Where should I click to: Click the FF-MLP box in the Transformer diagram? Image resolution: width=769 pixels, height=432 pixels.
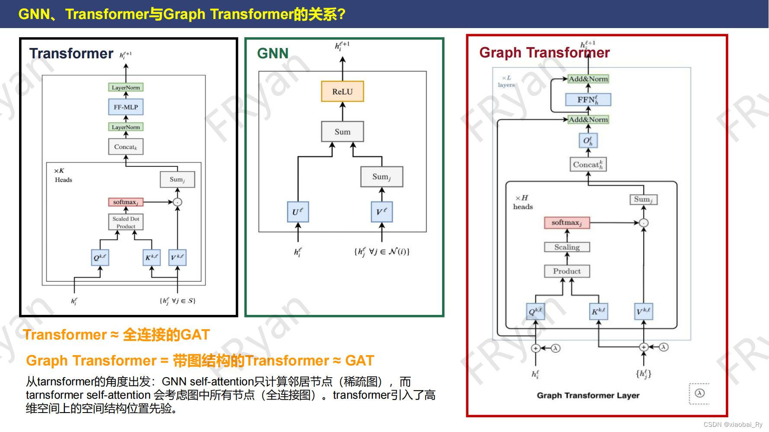(126, 107)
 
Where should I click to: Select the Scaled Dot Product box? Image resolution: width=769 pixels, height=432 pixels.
(126, 222)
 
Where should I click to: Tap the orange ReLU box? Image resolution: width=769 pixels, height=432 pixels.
(343, 92)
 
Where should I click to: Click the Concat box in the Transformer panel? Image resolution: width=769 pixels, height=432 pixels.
(126, 147)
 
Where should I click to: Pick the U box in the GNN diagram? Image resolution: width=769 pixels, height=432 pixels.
(298, 212)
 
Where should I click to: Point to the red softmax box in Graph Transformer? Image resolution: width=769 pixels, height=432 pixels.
(567, 222)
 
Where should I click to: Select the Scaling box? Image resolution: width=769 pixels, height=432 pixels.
(567, 247)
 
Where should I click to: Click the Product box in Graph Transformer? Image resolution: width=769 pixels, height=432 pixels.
(567, 271)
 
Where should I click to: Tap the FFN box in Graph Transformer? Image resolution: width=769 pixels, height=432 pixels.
(588, 100)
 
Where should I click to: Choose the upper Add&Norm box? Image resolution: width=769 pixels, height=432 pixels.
(588, 79)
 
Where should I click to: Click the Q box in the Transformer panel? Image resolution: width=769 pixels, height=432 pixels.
(100, 258)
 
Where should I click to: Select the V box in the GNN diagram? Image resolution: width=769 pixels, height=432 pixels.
(381, 212)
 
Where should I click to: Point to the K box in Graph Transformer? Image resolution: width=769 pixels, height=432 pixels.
(599, 311)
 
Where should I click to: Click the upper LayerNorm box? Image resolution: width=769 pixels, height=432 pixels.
(126, 87)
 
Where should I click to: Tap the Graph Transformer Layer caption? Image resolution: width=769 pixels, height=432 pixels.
(588, 395)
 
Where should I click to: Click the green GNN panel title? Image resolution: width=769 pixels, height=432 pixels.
(272, 53)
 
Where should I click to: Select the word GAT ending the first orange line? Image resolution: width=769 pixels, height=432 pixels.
(195, 335)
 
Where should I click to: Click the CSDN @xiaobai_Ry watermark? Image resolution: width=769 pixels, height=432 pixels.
(733, 425)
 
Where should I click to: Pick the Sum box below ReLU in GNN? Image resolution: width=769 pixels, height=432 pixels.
(343, 132)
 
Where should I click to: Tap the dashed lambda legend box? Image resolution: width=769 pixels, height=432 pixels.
(699, 393)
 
